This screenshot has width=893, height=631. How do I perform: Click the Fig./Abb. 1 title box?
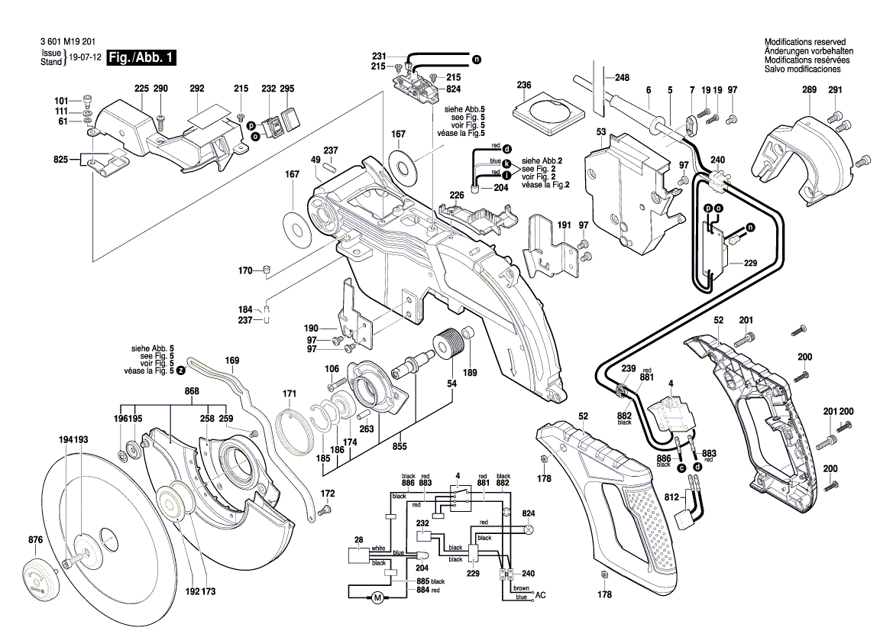143,58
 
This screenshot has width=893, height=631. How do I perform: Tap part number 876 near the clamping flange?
35,540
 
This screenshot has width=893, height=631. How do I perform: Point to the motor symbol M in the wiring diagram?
377,597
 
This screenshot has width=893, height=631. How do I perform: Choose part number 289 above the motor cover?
809,90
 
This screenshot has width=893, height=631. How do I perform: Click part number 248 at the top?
622,77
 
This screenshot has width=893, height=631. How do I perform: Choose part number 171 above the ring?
289,394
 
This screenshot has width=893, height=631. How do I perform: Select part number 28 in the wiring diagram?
358,540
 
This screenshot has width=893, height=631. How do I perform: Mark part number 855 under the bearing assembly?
399,445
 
